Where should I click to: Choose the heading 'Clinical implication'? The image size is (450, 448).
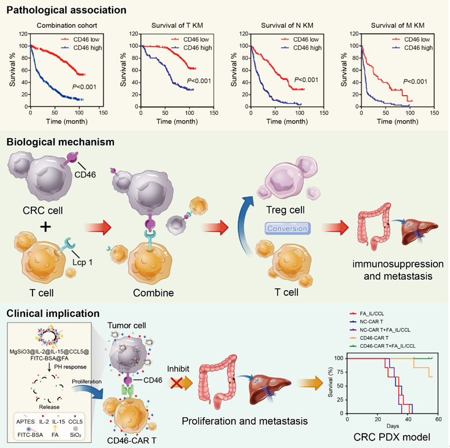(53, 313)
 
